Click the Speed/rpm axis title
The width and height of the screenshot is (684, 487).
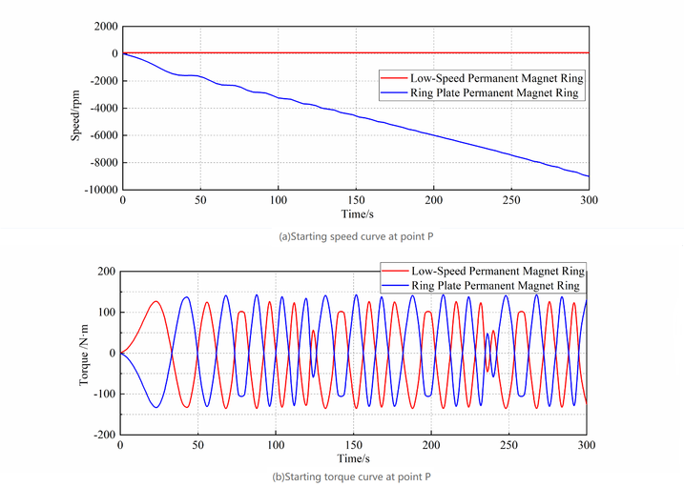[x=75, y=108]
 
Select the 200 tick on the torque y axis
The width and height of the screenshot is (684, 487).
[x=104, y=272]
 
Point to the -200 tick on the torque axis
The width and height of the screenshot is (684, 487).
[x=102, y=434]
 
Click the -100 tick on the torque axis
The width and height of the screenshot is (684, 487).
[x=102, y=393]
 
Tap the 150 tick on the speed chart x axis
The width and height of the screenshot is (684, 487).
[x=355, y=202]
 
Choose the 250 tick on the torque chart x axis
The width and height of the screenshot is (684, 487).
[x=509, y=445]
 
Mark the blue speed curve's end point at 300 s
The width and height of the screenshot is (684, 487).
[x=588, y=176]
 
